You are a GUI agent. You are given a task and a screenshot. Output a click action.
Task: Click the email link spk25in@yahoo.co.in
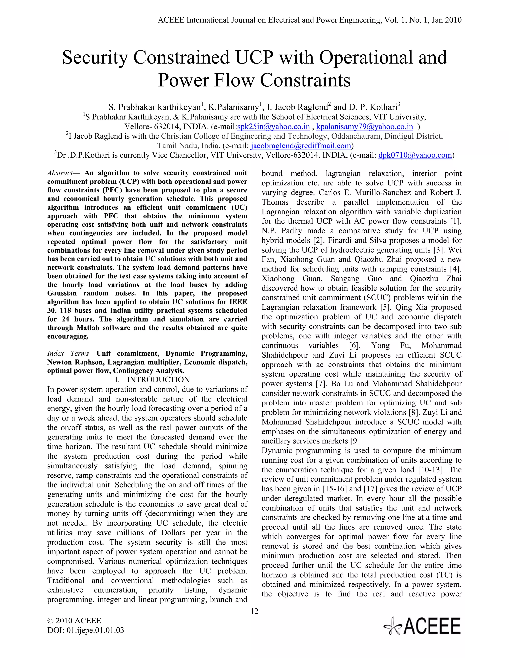(x=273, y=127)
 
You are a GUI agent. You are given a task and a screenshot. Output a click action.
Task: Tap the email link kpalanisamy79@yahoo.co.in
(x=364, y=127)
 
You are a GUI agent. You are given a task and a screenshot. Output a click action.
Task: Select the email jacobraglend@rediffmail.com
(x=301, y=146)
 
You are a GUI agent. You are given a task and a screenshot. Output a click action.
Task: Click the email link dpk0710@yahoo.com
(x=415, y=155)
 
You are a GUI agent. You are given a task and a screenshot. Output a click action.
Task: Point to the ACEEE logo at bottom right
(x=422, y=626)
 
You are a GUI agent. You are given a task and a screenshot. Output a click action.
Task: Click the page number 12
(x=254, y=611)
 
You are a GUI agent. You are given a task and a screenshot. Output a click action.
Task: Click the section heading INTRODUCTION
(x=158, y=380)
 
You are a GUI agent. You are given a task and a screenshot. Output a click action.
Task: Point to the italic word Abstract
(x=60, y=173)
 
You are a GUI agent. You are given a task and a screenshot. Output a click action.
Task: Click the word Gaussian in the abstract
(x=62, y=293)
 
